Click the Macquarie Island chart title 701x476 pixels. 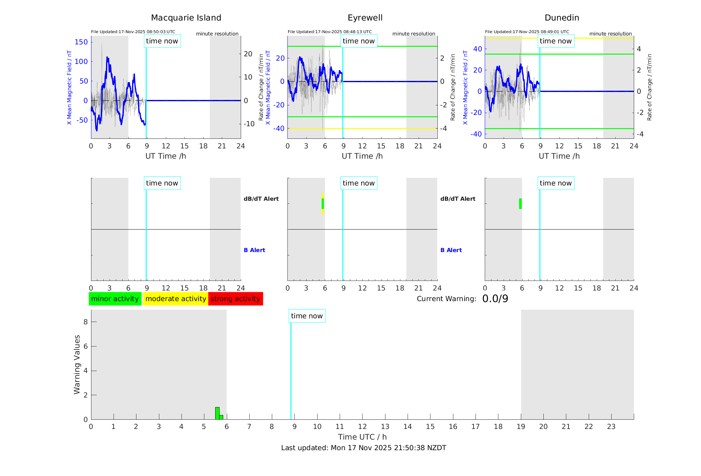pos(186,18)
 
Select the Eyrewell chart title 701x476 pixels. pos(365,18)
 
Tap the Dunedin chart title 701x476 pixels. pos(562,18)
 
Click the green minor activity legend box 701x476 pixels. pos(115,299)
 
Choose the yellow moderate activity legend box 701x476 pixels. pos(175,299)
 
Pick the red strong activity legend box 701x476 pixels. pos(235,299)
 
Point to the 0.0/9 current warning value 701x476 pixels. pos(495,299)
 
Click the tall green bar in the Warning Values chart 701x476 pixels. pos(217,413)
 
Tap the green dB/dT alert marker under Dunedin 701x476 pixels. pos(520,204)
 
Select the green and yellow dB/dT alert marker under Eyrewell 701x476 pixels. pos(323,204)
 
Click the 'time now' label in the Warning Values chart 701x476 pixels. pos(307,316)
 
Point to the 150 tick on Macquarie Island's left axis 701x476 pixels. pos(81,42)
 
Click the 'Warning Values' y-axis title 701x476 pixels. pos(77,364)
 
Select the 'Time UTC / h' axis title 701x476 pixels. pos(362,437)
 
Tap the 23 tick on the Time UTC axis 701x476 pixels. pos(611,427)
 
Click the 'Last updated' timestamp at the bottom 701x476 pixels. pos(364,448)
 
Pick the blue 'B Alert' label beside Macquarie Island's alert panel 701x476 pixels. pos(254,250)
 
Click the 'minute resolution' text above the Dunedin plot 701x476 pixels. pos(610,34)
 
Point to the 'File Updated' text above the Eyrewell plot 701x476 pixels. pos(329,32)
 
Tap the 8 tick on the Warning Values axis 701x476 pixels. pos(85,322)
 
